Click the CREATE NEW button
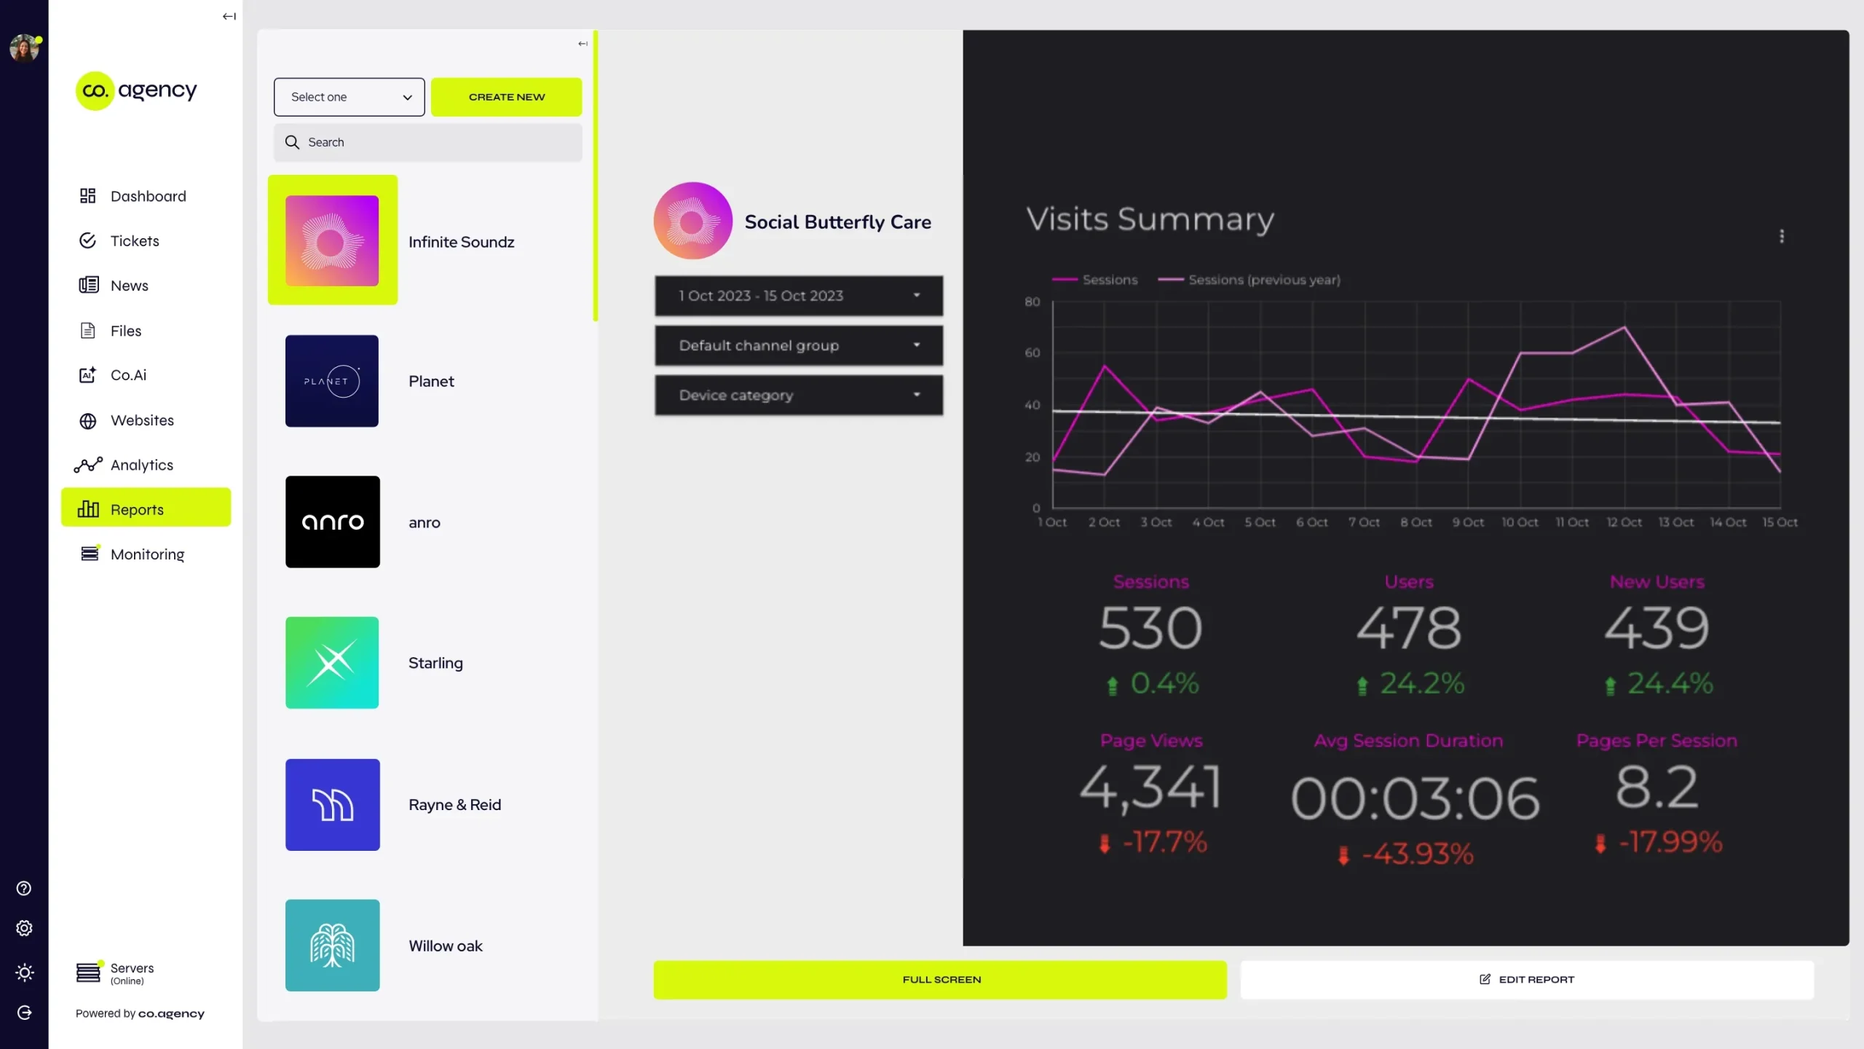coord(506,97)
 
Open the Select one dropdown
coord(349,97)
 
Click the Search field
coord(428,142)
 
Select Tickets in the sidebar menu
coord(135,241)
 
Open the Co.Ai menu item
coord(128,375)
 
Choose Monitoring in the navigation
coord(147,554)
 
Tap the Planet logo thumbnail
coord(332,381)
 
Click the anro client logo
coord(332,522)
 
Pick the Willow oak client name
coord(446,946)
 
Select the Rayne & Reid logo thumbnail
coord(332,804)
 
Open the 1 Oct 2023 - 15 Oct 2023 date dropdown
coord(799,296)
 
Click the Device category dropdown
coord(799,395)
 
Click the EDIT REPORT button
coord(1527,980)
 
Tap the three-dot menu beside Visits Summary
coord(1782,236)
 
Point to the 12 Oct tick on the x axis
coord(1624,522)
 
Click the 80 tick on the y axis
coord(1032,302)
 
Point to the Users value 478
coord(1409,628)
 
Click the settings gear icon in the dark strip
coord(24,928)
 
